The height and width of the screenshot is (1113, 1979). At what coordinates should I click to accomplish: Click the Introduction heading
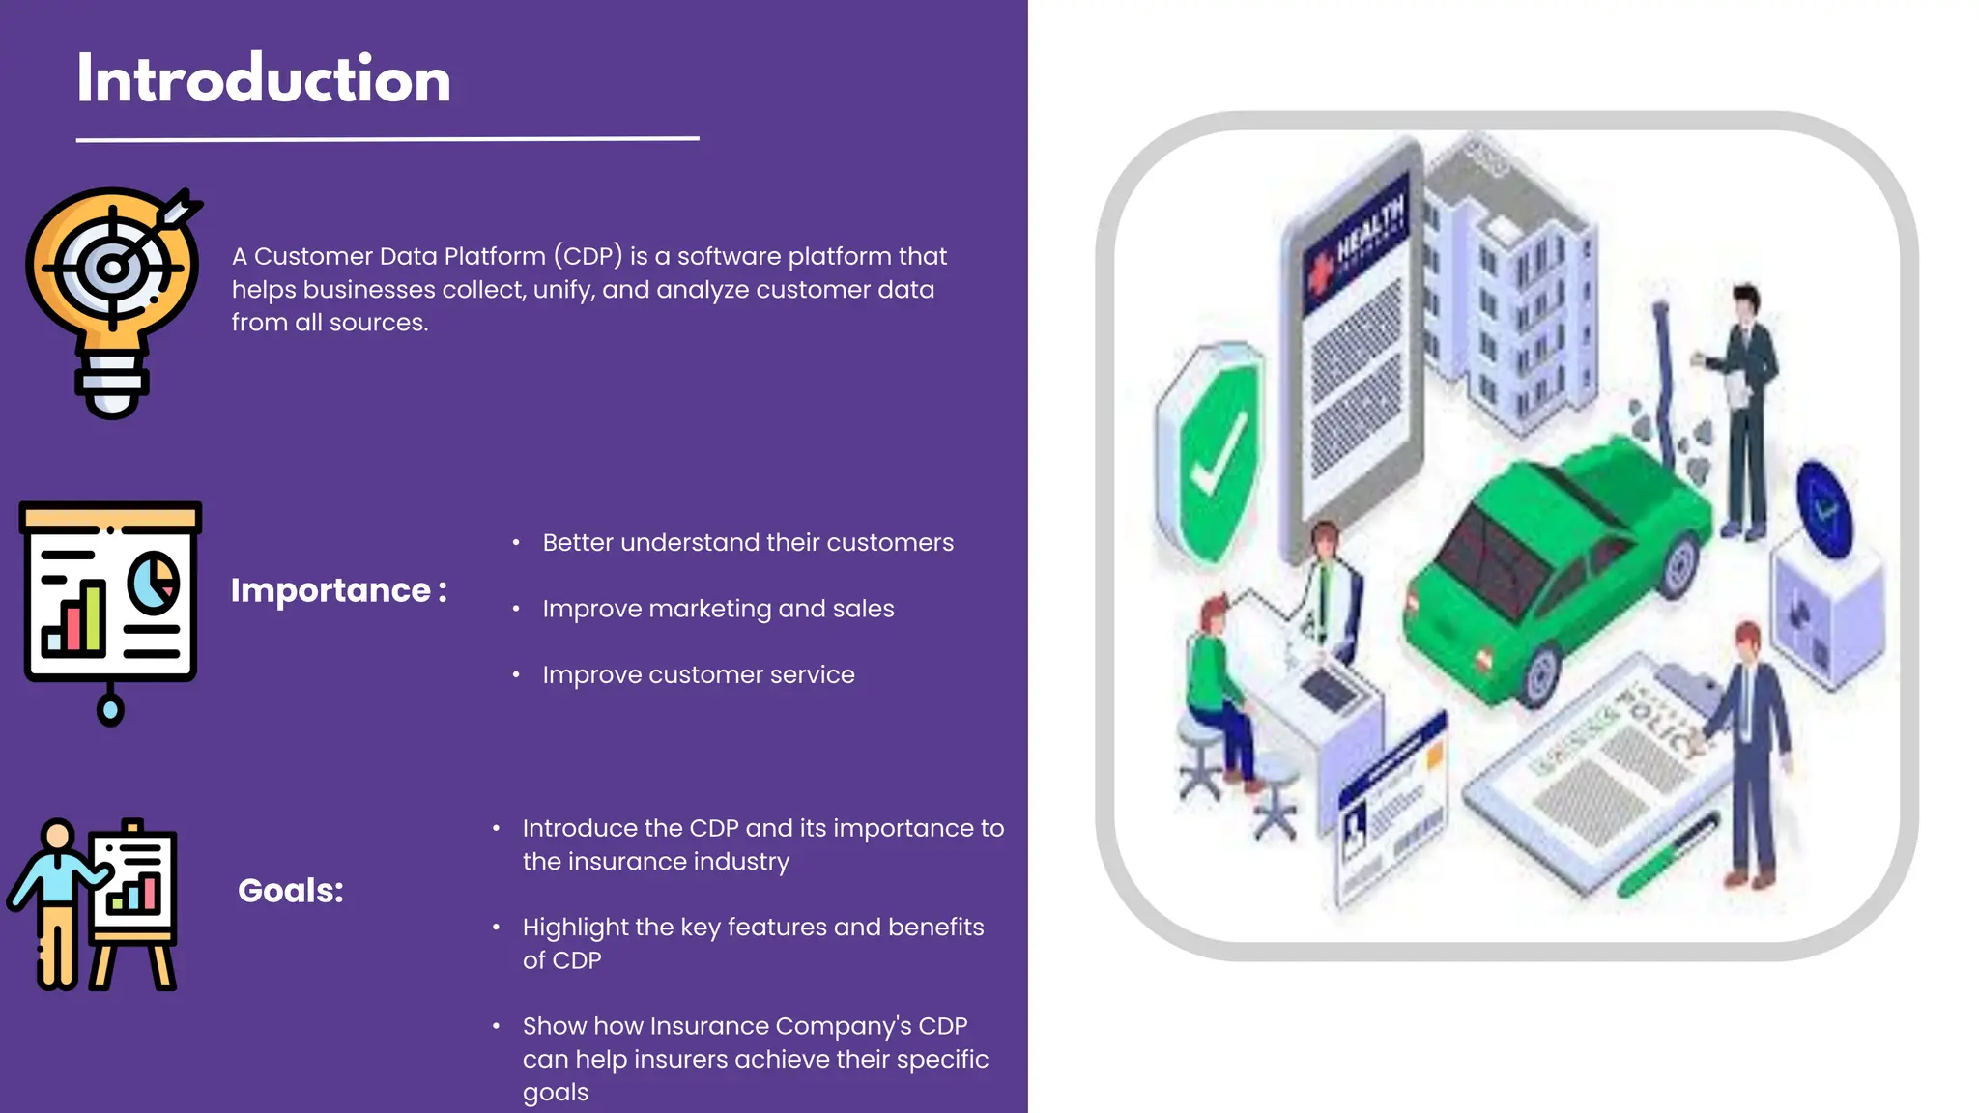point(264,79)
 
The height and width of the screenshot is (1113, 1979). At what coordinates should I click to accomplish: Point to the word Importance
point(330,590)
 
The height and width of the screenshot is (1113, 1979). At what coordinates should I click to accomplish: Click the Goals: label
point(291,891)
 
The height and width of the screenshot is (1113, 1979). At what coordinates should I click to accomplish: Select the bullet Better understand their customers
point(748,543)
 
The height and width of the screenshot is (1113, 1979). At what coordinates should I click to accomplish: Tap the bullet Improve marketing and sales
point(718,609)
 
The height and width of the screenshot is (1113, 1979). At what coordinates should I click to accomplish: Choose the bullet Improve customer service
point(699,675)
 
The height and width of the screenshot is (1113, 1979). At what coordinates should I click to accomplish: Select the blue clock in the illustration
point(1823,508)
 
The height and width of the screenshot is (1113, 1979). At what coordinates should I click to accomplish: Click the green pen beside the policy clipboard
point(1668,856)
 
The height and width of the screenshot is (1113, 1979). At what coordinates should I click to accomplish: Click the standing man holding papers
point(1744,406)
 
